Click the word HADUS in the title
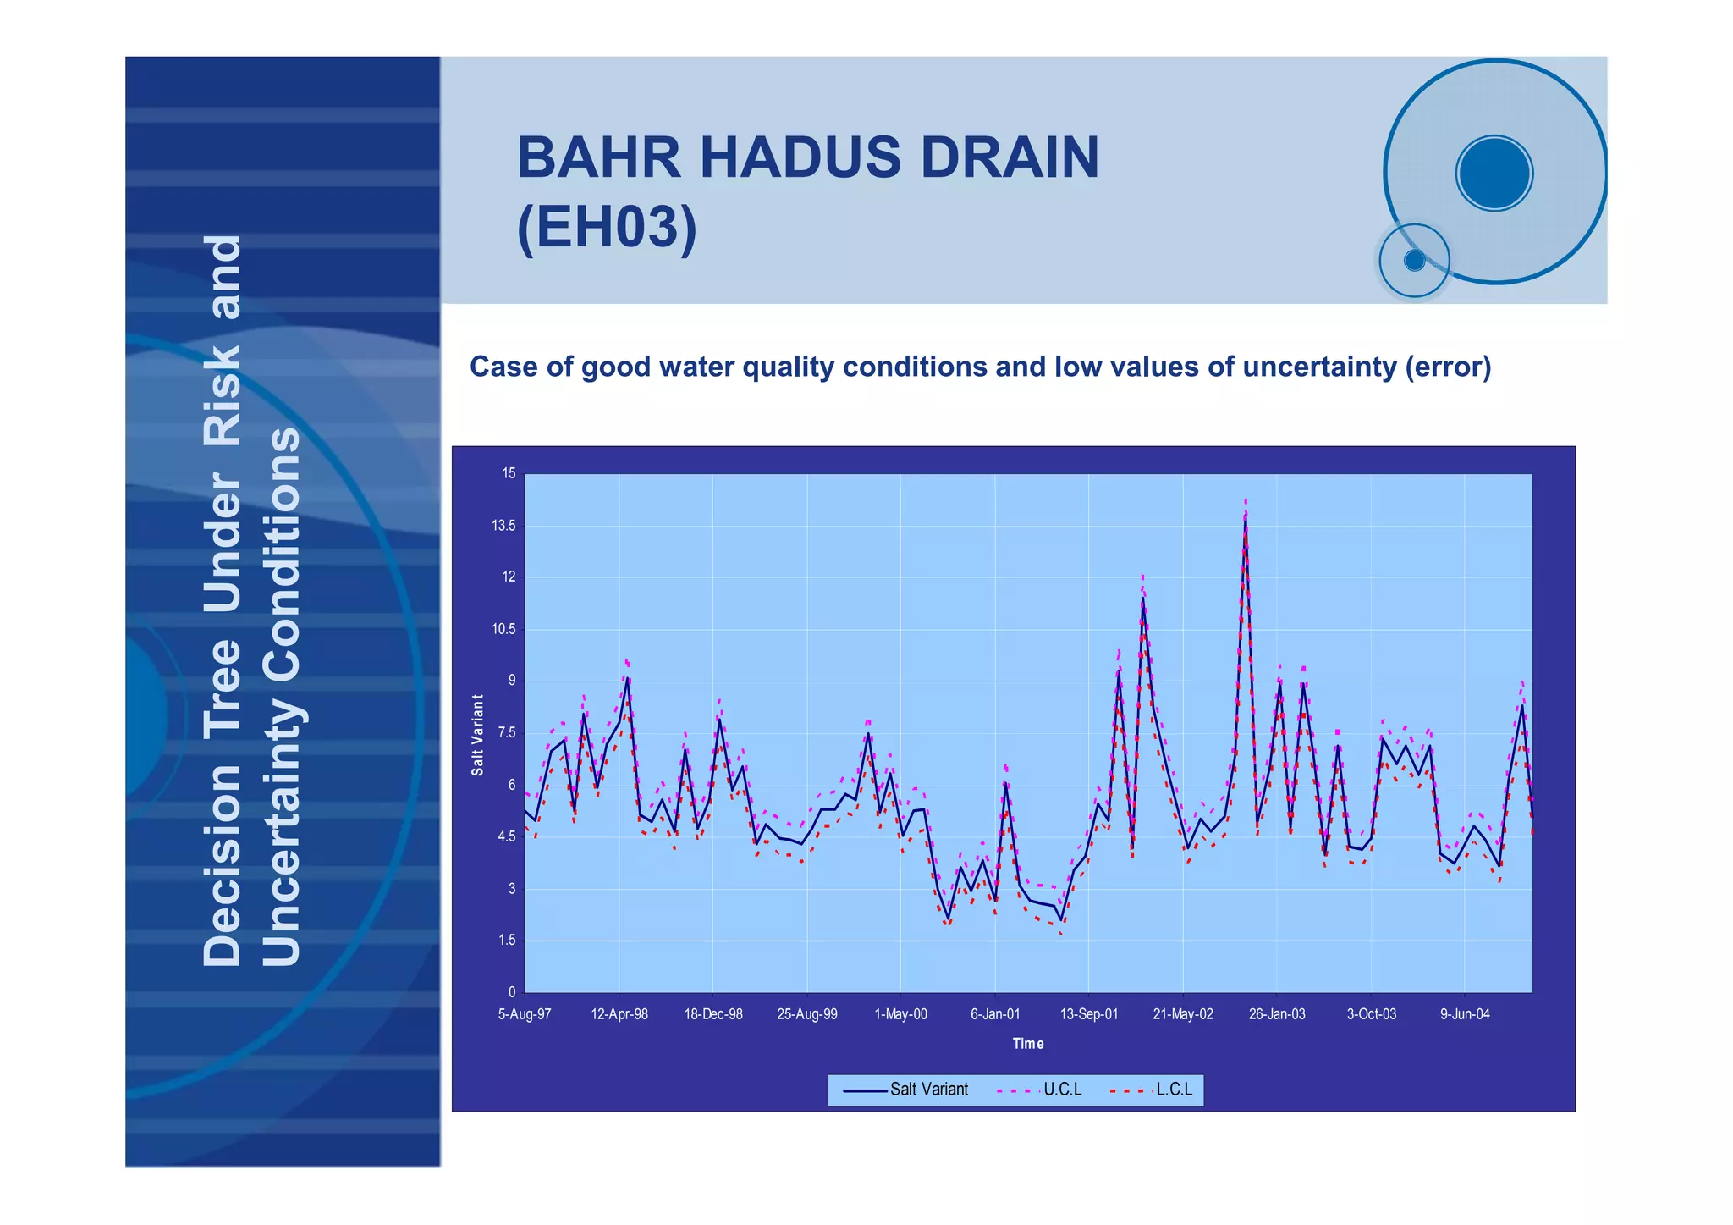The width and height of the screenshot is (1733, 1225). point(800,157)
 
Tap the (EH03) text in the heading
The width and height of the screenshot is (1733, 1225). point(607,227)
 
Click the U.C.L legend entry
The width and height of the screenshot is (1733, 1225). point(1062,1090)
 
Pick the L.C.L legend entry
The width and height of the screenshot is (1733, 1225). point(1174,1090)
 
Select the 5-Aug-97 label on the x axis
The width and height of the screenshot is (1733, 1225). point(525,1014)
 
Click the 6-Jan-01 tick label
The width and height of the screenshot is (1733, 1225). point(995,1014)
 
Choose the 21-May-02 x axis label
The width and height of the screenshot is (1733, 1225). point(1183,1014)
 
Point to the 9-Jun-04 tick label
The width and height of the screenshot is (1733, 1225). point(1465,1014)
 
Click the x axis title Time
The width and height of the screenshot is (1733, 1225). point(1028,1044)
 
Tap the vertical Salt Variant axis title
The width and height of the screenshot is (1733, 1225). point(478,734)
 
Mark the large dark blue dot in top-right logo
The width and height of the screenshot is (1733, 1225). point(1494,173)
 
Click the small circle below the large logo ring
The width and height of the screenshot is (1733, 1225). point(1414,260)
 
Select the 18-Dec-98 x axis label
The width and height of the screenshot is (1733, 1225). point(713,1014)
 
